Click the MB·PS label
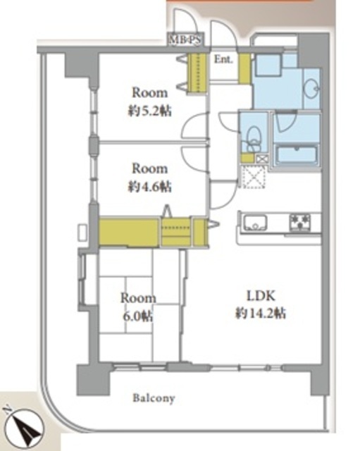pos(185,39)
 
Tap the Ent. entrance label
pos(223,59)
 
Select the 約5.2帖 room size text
pos(149,111)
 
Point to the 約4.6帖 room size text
pos(149,186)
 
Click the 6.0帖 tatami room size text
pos(138,316)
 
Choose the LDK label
pos(261,296)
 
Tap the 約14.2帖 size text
pos(261,313)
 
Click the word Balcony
pos(154,399)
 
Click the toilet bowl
pos(254,136)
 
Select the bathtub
pos(296,155)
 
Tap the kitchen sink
pos(255,223)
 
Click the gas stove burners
pos(300,222)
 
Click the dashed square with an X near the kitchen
pos(254,177)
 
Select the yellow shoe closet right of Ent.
pos(244,68)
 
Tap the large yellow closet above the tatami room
pos(128,233)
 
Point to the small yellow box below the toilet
pos(247,159)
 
